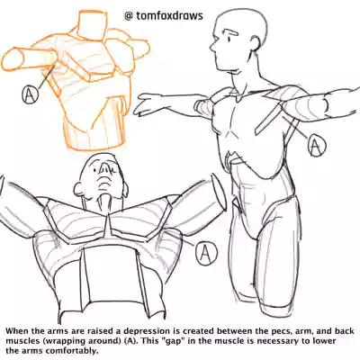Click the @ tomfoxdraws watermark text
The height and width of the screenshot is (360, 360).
pyautogui.click(x=164, y=16)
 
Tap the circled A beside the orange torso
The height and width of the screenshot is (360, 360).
pyautogui.click(x=30, y=94)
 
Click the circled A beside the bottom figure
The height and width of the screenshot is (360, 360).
pyautogui.click(x=206, y=254)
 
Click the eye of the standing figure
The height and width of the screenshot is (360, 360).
pyautogui.click(x=229, y=39)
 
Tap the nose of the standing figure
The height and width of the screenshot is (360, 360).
pyautogui.click(x=212, y=48)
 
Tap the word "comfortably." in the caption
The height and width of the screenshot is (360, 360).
pyautogui.click(x=74, y=351)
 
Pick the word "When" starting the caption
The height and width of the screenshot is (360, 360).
pyautogui.click(x=16, y=331)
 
